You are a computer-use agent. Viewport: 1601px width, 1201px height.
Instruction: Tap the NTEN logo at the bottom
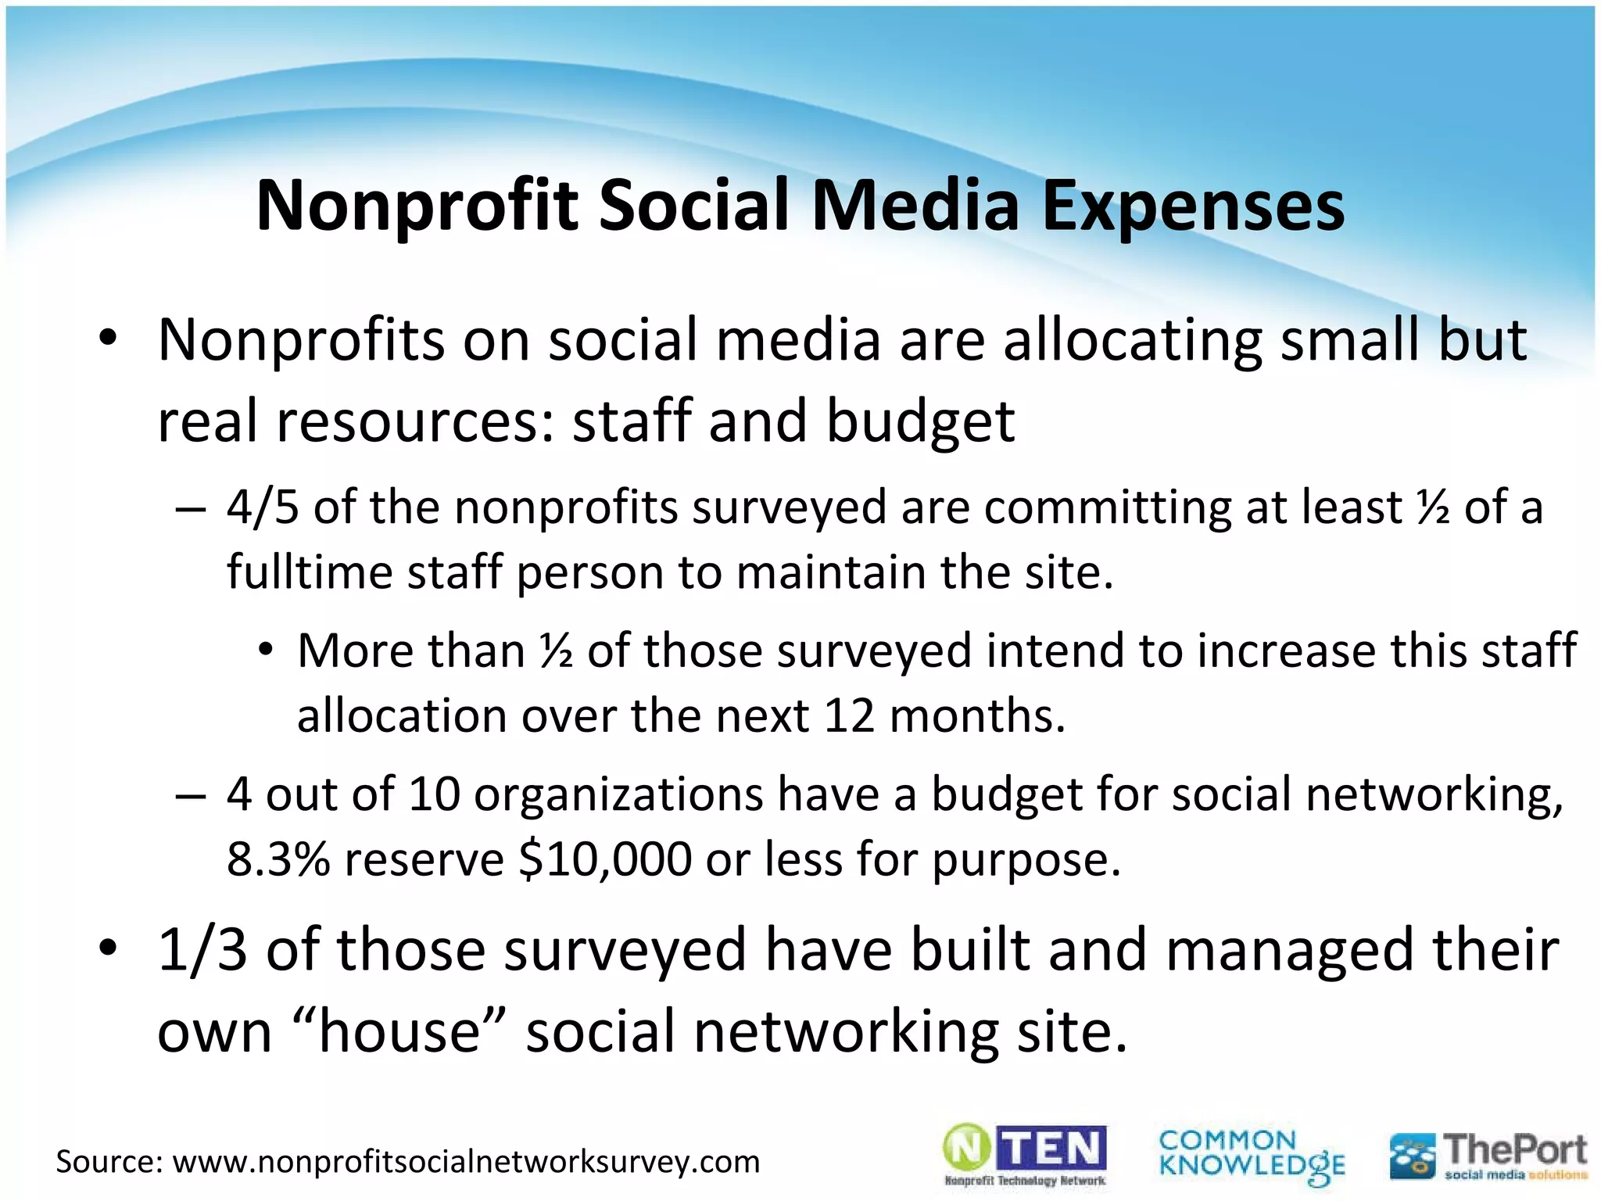click(1025, 1154)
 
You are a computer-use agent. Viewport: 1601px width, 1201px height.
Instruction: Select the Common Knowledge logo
click(1251, 1156)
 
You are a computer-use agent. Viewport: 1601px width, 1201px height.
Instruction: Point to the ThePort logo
click(1488, 1156)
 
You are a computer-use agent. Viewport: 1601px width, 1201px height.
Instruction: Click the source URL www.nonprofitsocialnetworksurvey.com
click(466, 1162)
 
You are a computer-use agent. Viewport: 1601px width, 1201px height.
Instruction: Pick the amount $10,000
click(605, 859)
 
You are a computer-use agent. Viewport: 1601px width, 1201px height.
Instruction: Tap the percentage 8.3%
click(278, 859)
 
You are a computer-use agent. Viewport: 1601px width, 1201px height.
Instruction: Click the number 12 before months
click(849, 715)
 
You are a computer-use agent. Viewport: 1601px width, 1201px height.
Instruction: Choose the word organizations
click(618, 794)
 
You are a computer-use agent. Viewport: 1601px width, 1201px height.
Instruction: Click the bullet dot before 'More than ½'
click(267, 649)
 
